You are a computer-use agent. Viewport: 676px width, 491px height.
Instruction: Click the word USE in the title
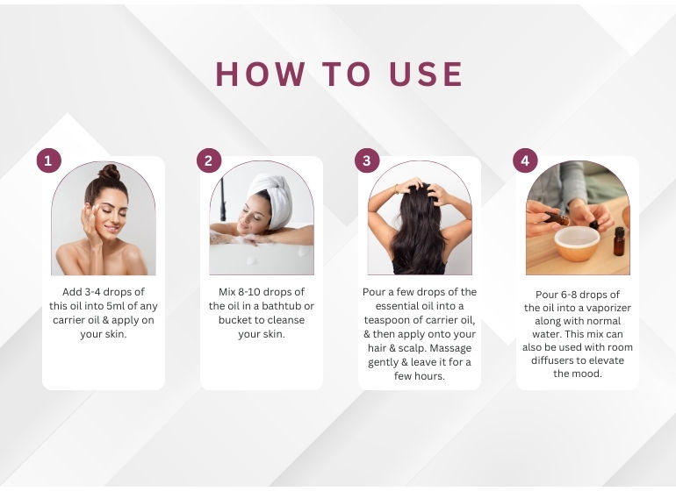[426, 74]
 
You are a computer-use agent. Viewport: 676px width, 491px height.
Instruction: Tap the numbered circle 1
[48, 160]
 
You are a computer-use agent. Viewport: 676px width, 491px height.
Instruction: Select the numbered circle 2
[209, 160]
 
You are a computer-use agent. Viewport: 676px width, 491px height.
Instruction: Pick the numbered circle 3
[367, 160]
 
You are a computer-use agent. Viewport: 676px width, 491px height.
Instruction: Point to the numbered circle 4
[525, 160]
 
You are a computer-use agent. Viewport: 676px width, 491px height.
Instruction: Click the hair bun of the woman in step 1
[109, 172]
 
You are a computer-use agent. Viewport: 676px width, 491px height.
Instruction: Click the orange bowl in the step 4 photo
[577, 243]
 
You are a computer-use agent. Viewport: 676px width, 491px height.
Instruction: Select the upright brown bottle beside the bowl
[619, 241]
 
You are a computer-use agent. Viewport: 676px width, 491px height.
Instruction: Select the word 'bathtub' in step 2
[281, 306]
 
